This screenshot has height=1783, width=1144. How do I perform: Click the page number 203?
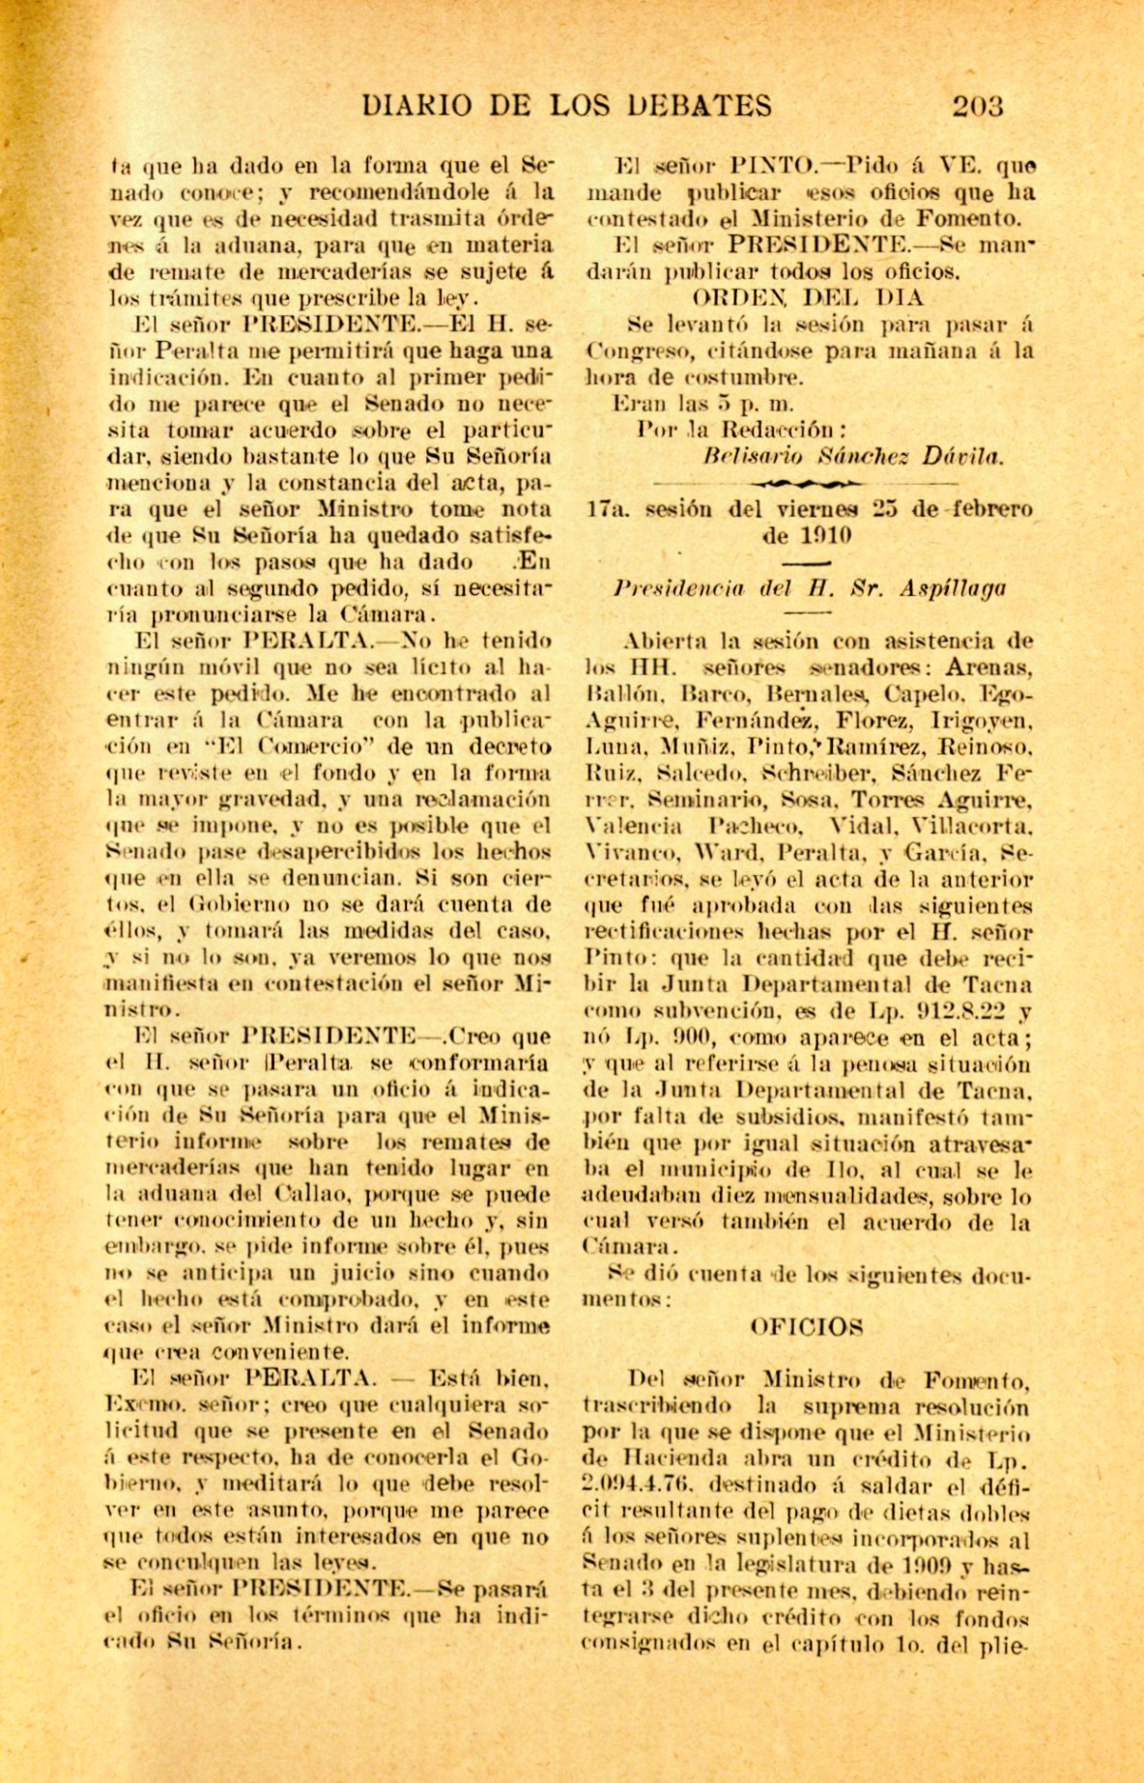click(978, 106)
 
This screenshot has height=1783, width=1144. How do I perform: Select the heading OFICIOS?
click(807, 1327)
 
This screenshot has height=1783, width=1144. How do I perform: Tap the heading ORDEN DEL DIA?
click(808, 297)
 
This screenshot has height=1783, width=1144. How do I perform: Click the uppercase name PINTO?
click(769, 165)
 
